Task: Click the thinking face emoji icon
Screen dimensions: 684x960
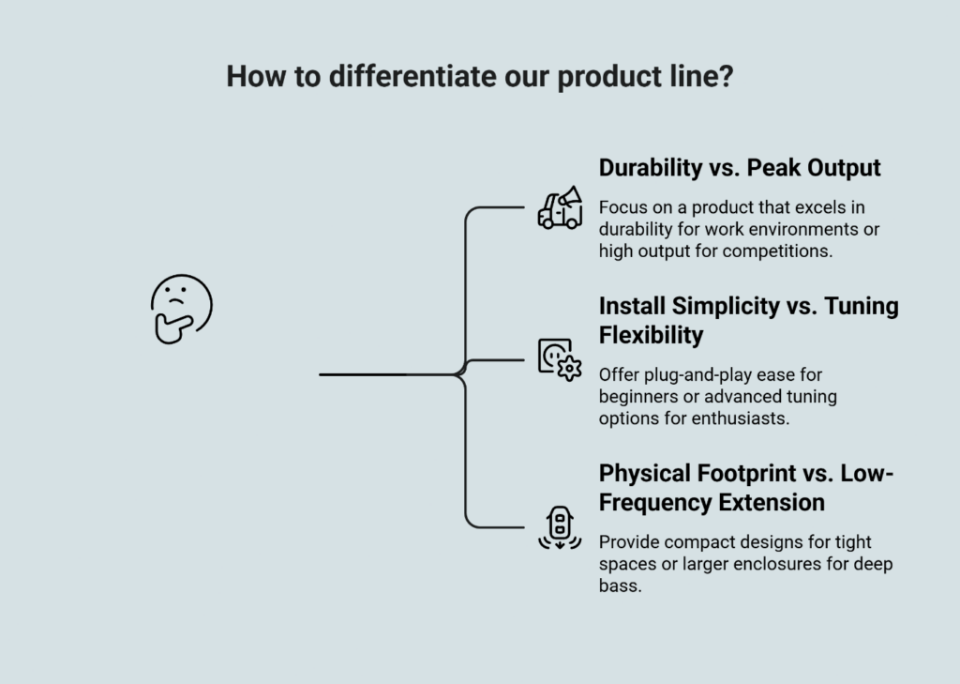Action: click(181, 309)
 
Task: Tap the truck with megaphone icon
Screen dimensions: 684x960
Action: click(560, 207)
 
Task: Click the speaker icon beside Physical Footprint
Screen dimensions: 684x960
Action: click(560, 526)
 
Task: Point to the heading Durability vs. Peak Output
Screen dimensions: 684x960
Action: click(740, 168)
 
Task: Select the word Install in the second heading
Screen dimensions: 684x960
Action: click(632, 307)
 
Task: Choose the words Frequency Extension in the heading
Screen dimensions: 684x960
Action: click(712, 502)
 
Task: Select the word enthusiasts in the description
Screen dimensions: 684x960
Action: click(741, 418)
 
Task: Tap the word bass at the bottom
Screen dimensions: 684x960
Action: click(620, 585)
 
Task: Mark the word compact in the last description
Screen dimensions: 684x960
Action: click(691, 542)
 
